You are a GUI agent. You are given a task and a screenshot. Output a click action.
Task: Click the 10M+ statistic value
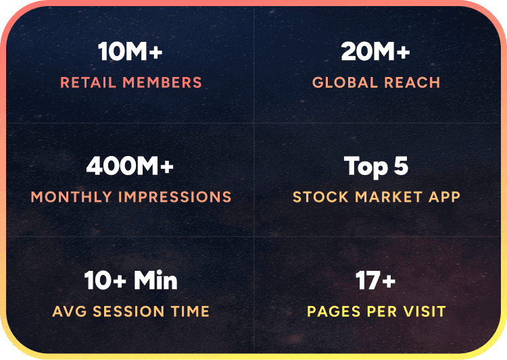(130, 52)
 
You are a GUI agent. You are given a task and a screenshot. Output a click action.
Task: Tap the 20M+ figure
(376, 52)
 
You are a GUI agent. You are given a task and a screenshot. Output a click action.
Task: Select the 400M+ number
(130, 166)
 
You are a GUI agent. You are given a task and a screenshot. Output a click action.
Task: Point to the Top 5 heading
(376, 166)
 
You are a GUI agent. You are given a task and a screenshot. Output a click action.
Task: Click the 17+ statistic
(376, 280)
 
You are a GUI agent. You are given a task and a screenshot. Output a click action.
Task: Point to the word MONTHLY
(71, 197)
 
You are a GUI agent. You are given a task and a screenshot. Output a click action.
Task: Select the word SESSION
(131, 311)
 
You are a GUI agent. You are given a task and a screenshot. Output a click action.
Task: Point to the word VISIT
(424, 311)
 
